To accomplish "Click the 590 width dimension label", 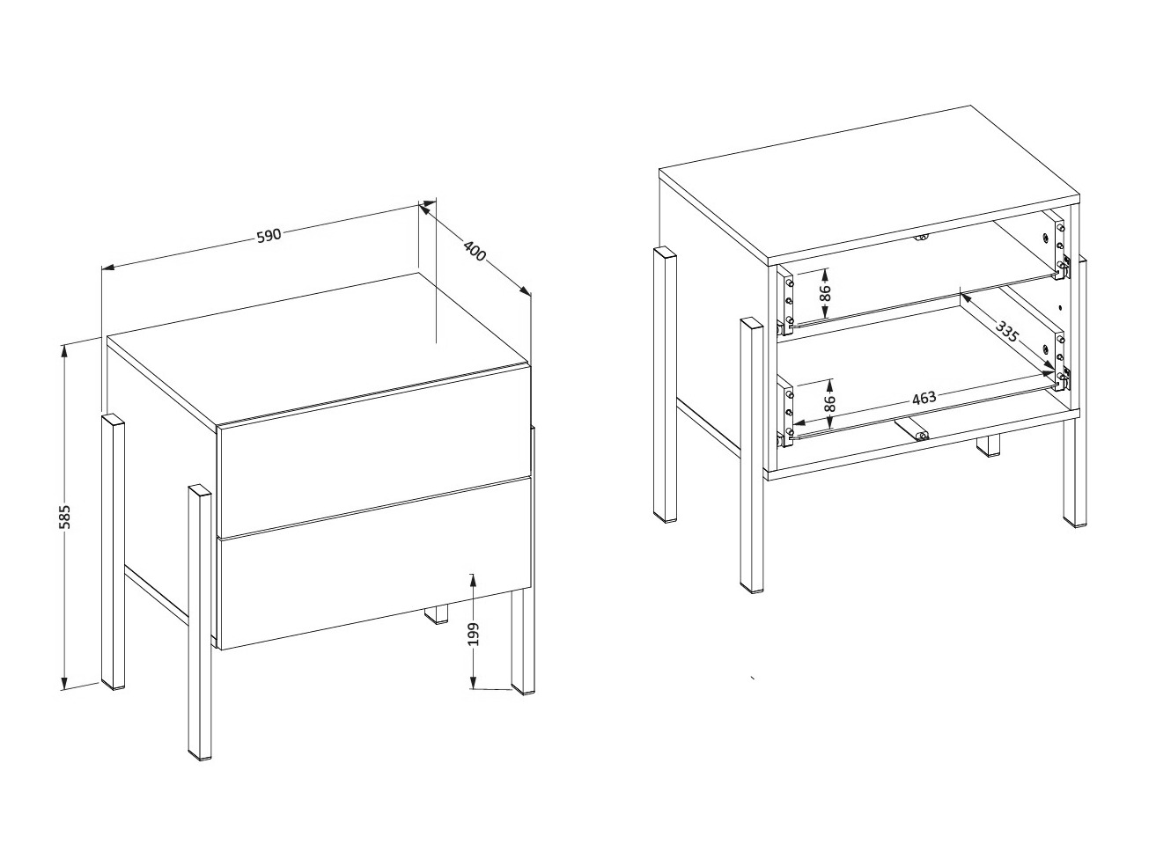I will tap(269, 235).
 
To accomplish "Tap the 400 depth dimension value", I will tap(475, 251).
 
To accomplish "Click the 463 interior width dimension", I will tap(923, 398).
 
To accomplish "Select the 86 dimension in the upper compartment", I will tap(825, 292).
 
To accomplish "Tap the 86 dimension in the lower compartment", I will tap(828, 404).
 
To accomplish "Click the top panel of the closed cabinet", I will tap(317, 348).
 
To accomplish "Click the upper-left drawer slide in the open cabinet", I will tap(787, 301).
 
